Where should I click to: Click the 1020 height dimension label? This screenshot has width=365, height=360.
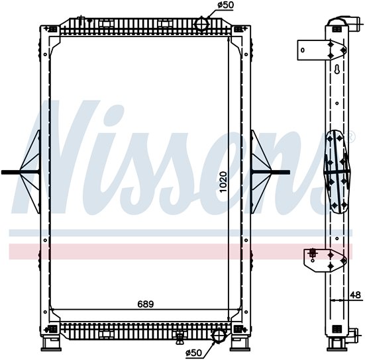click(x=223, y=182)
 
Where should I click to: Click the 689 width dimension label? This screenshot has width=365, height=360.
click(x=146, y=304)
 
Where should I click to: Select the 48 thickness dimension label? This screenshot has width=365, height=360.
click(x=356, y=294)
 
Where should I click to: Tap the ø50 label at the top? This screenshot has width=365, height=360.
click(x=226, y=5)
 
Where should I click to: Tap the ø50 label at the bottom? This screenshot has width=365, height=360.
click(x=193, y=353)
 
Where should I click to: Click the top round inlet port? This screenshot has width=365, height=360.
click(x=201, y=24)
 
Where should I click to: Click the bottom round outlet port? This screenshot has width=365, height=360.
click(x=219, y=336)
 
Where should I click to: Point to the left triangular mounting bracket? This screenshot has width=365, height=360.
click(x=30, y=172)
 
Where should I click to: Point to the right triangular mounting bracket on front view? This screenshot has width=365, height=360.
click(x=261, y=172)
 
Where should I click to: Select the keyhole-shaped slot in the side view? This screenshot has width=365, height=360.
click(x=337, y=69)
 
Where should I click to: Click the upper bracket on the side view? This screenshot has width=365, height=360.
click(x=322, y=50)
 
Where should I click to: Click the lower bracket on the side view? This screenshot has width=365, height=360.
click(x=325, y=261)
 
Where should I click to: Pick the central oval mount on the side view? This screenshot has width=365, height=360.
click(x=337, y=171)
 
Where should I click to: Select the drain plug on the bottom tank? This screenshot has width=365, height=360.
click(x=180, y=337)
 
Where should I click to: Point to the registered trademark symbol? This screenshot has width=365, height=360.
click(x=352, y=138)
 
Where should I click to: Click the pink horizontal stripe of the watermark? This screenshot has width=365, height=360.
click(x=180, y=251)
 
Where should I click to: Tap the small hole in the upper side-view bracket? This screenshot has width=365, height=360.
click(x=303, y=50)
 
